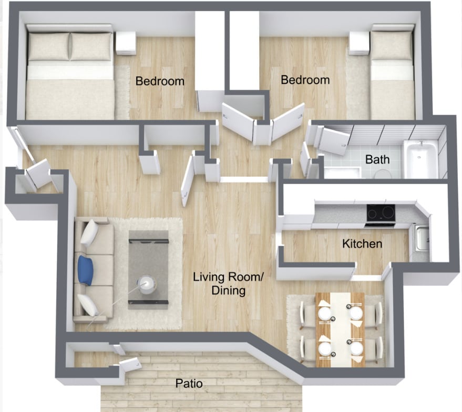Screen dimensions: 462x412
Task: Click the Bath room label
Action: point(377,159)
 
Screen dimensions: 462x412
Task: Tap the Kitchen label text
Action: point(362,244)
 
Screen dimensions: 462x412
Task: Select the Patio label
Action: point(189,384)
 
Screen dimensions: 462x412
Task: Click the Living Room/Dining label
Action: point(228,284)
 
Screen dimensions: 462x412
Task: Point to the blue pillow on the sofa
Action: point(86,270)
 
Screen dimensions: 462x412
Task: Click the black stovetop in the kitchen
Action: point(381,213)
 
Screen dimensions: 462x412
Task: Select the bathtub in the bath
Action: point(420,159)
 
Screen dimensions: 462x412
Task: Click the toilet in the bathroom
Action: point(383,174)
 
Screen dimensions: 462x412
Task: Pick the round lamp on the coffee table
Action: point(147,285)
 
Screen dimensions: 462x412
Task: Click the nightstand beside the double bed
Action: point(126,43)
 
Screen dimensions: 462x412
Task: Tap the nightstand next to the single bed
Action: point(359,43)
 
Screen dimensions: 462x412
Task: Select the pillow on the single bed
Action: point(392,45)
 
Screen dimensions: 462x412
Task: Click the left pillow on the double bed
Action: point(49,47)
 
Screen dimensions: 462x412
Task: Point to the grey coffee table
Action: point(149,270)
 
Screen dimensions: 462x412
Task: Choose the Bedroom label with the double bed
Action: point(160,81)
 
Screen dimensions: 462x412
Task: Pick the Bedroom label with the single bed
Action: point(305,80)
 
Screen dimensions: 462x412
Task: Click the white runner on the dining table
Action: point(341,330)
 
